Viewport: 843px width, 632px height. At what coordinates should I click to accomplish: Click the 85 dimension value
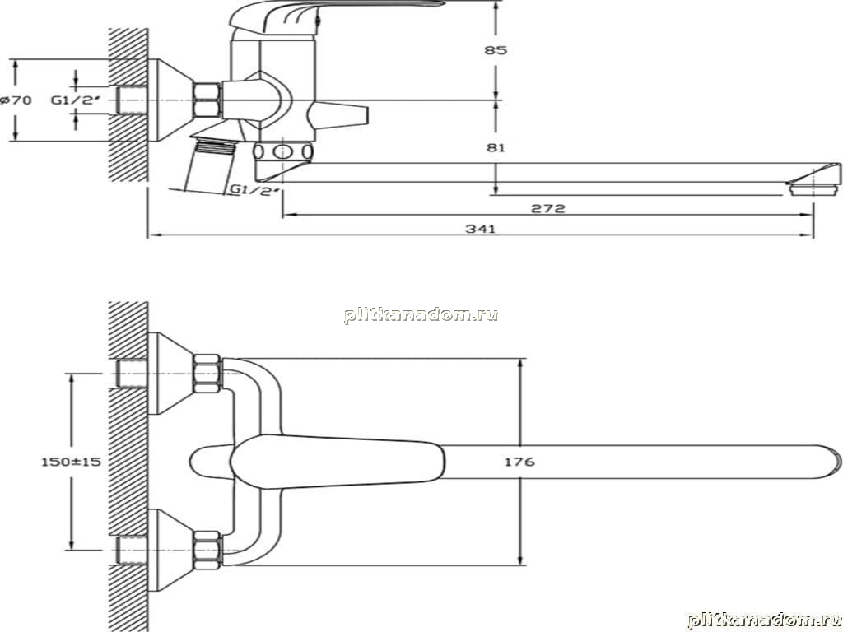495,50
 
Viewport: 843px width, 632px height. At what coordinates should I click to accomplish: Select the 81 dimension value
495,147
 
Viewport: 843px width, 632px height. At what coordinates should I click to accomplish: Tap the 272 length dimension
547,208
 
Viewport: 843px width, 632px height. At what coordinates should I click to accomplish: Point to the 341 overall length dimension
480,229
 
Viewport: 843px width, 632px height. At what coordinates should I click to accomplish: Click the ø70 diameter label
16,100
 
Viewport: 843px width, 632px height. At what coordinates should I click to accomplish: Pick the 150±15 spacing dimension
72,461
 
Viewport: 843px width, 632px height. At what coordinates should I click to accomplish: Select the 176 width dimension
520,461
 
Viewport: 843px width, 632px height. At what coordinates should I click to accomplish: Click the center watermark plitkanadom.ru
421,314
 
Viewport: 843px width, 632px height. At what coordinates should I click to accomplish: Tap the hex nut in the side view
207,100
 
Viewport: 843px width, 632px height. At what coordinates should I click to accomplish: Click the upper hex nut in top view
207,374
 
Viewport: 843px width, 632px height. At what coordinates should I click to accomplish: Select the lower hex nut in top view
207,550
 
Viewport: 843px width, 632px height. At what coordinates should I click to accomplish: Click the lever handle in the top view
338,462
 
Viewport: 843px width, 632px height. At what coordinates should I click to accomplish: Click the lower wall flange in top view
170,550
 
